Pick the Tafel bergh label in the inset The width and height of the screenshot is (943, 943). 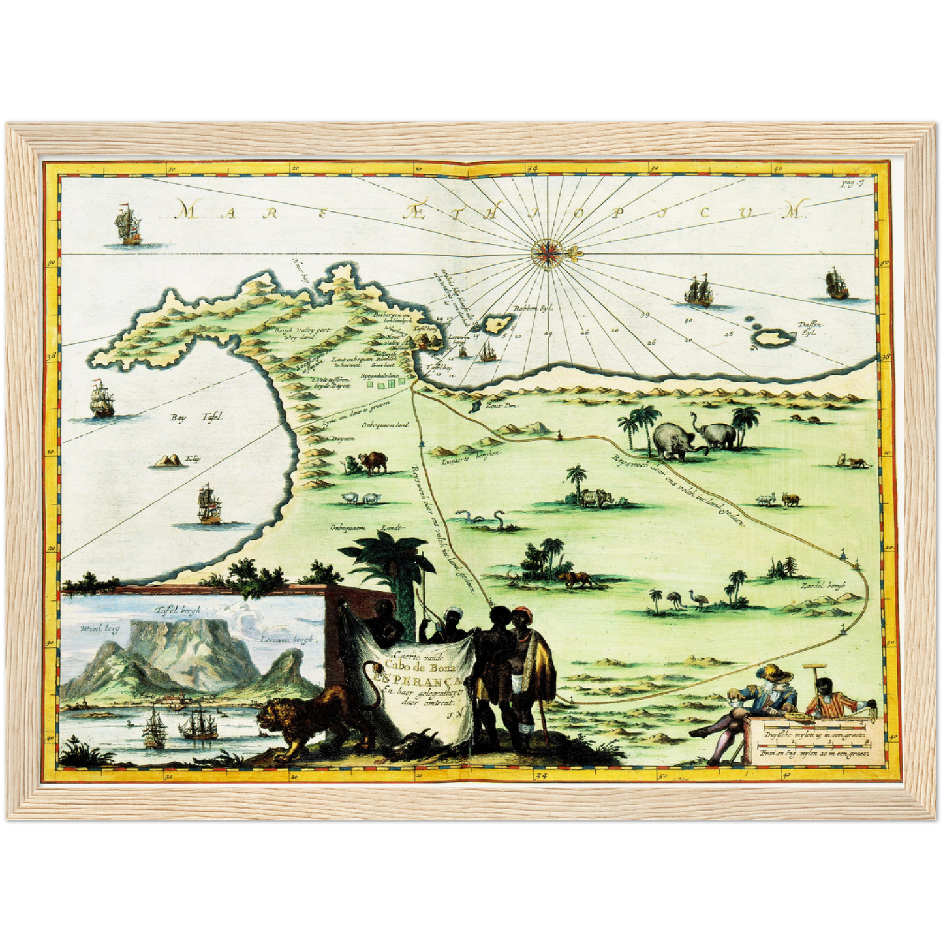[x=178, y=611]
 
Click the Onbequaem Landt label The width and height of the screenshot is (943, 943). [x=368, y=527]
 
